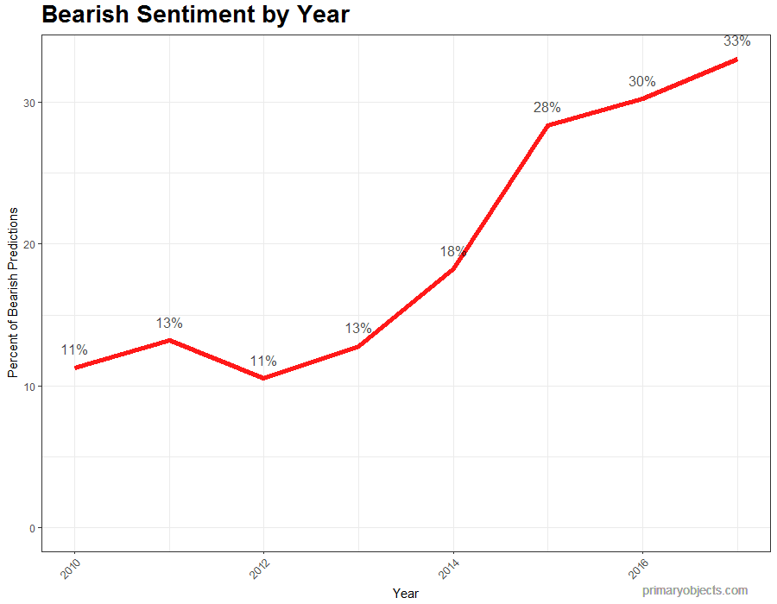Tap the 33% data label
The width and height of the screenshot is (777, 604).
pos(736,41)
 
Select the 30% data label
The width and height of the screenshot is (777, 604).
pos(641,81)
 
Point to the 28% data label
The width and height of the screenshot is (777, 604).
pos(546,108)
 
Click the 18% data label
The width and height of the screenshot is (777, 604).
pos(452,252)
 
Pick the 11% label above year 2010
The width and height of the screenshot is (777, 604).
pos(74,350)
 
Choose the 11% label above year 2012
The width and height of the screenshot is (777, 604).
pos(263,362)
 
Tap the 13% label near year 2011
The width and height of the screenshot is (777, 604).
pos(169,324)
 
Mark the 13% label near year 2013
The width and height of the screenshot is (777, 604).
pos(358,329)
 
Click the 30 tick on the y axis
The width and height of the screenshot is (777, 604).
pos(28,103)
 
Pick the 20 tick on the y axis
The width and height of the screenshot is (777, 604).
pos(28,244)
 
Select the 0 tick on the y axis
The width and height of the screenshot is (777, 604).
pos(32,528)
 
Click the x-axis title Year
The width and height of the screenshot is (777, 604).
pos(405,594)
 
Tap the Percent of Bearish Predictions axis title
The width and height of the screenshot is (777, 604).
pos(13,293)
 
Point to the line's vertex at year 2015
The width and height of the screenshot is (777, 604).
pos(547,126)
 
